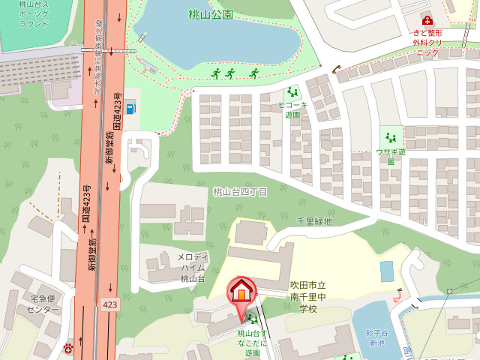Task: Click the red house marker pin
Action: coord(241,291)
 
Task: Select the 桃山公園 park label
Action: coord(211,14)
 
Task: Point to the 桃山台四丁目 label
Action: coord(240,192)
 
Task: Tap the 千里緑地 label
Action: coord(313,221)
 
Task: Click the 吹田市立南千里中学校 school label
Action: coord(309,296)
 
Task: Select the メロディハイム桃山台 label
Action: coord(193,268)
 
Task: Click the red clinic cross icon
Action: coord(427,20)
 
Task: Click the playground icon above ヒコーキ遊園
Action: coord(292,91)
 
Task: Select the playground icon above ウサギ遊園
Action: coord(390,137)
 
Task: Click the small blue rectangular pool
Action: coord(386,271)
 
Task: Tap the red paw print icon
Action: coord(68,347)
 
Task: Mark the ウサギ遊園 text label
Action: coord(391,156)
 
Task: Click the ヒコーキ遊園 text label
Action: coord(292,109)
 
